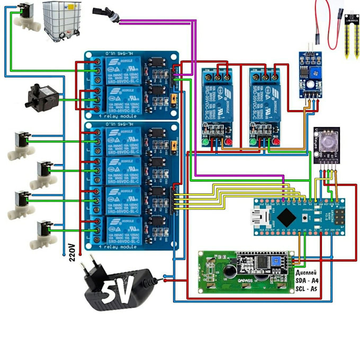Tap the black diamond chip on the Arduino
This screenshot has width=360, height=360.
point(285,215)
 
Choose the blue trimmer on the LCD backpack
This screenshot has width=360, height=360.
point(276,260)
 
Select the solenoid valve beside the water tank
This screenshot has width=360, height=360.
point(24,16)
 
